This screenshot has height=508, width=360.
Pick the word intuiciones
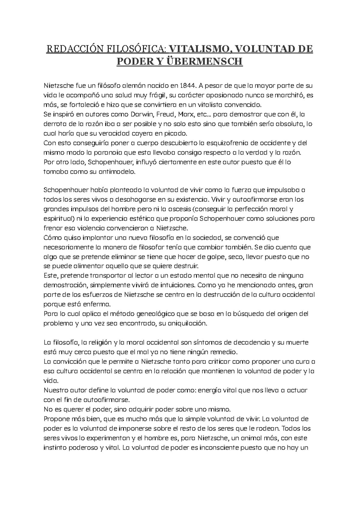coord(172,285)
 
